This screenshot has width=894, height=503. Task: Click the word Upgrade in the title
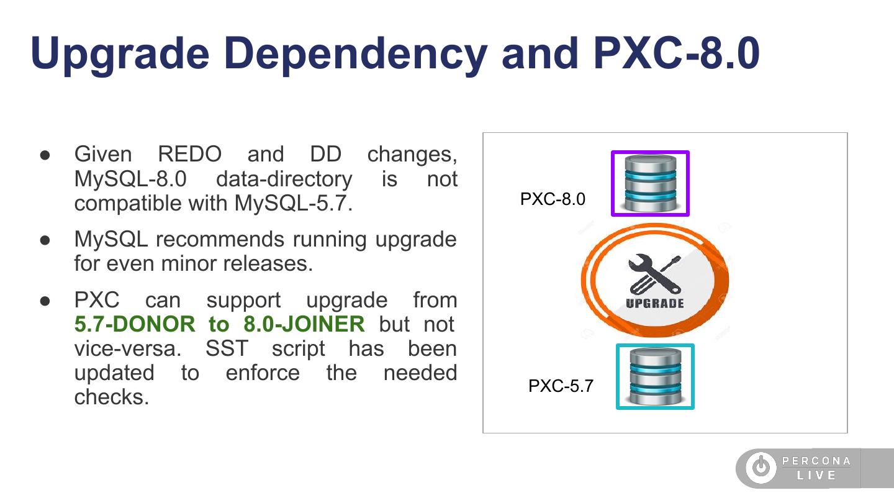(x=120, y=53)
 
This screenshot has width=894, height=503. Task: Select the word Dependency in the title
(x=354, y=53)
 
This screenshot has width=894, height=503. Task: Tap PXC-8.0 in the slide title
(x=676, y=53)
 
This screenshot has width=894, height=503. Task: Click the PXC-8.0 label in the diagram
(x=553, y=199)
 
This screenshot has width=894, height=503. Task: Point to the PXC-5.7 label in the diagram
(x=561, y=386)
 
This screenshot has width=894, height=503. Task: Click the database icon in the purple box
(x=650, y=183)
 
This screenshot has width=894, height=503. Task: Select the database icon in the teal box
(x=655, y=376)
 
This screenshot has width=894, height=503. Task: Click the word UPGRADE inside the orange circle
(x=655, y=304)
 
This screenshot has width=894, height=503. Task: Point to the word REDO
(x=189, y=154)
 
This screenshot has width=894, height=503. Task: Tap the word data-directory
(x=284, y=179)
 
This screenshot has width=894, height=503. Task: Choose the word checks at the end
(x=112, y=397)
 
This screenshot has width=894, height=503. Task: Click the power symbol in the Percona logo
(x=761, y=468)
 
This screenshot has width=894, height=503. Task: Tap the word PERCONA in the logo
(x=816, y=461)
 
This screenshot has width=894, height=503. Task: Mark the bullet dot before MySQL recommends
(x=45, y=240)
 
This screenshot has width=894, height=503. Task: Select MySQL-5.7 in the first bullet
(x=293, y=203)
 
